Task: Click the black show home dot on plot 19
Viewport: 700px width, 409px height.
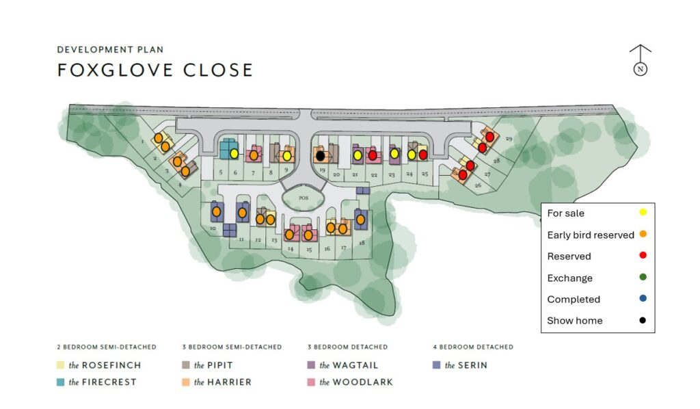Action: coord(320,156)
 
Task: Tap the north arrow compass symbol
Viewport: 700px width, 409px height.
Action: coord(641,61)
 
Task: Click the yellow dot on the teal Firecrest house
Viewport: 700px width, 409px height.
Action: coord(234,154)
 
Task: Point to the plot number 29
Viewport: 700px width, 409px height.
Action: coord(509,139)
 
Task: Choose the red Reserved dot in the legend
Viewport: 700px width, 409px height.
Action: coord(643,256)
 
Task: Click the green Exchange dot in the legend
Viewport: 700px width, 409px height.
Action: coord(643,277)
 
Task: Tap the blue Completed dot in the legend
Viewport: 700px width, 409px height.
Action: coord(643,299)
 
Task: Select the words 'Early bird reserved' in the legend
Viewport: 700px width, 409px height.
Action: coord(591,235)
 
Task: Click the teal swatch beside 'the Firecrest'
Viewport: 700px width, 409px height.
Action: coord(61,382)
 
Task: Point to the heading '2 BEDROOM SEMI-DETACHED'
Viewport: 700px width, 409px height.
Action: coord(106,347)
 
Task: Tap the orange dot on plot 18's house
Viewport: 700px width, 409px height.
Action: coord(360,220)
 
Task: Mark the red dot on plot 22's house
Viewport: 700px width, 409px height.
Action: coord(373,155)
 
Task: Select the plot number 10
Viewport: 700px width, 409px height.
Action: coord(213,228)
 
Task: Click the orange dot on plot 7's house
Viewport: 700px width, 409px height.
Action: coord(254,155)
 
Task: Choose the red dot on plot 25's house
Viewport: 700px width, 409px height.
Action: coord(422,155)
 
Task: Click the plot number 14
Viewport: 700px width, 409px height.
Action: coord(291,249)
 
